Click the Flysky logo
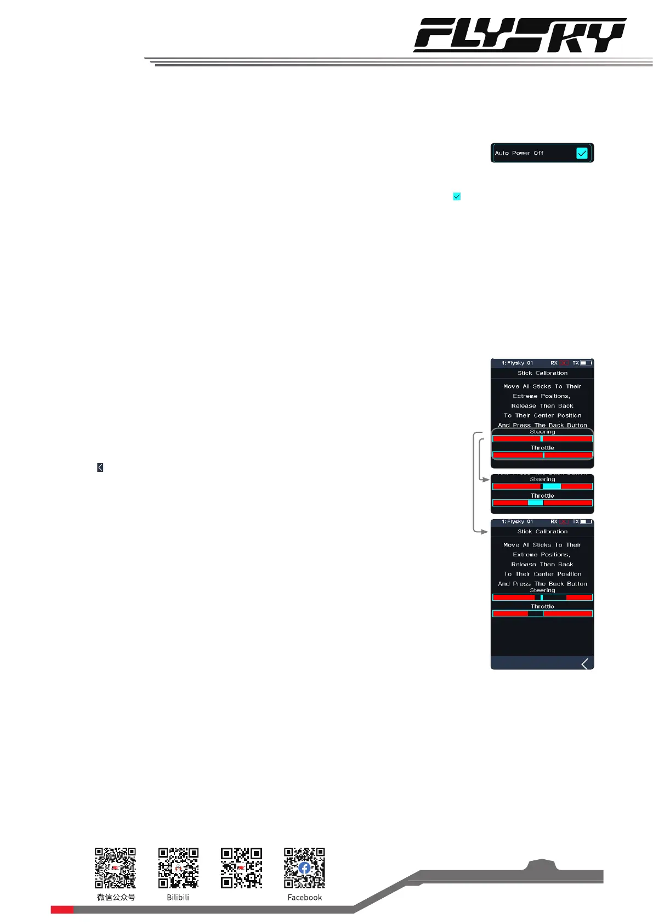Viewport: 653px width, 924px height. coord(519,35)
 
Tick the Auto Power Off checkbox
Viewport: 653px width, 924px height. coord(582,153)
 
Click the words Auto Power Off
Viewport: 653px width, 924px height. coord(519,153)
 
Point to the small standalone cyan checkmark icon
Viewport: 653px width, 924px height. coord(457,196)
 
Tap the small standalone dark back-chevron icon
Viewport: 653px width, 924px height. coord(100,467)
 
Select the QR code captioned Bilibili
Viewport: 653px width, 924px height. coord(178,868)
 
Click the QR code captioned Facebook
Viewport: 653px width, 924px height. coord(304,868)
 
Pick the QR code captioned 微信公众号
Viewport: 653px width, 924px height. coord(115,868)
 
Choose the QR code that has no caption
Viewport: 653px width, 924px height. coord(241,868)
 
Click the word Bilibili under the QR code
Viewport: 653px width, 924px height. coord(178,898)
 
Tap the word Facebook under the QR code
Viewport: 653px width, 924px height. coord(304,898)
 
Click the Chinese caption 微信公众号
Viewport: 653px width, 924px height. coord(116,898)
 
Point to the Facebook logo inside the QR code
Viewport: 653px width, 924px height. coord(305,868)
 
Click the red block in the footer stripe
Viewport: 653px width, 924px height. coord(62,910)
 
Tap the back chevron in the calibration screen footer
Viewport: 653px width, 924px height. coord(585,664)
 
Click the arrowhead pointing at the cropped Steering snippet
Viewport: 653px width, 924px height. coord(486,480)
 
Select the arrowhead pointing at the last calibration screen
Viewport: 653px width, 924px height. coord(485,532)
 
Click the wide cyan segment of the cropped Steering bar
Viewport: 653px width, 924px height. coord(552,487)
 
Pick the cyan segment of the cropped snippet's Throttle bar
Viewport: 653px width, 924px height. coord(535,503)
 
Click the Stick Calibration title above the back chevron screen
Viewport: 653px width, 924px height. coord(542,532)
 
